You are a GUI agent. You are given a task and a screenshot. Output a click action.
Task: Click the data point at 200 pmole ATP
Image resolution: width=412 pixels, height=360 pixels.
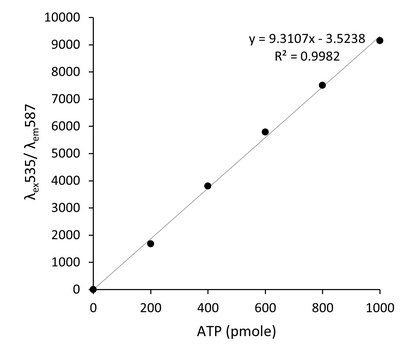(150, 243)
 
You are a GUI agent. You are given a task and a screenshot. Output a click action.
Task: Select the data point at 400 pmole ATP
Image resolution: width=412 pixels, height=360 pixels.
(208, 186)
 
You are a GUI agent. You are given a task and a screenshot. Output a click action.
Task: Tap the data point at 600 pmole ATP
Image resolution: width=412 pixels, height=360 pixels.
(265, 132)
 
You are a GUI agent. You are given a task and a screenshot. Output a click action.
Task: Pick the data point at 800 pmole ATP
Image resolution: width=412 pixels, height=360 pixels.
(322, 85)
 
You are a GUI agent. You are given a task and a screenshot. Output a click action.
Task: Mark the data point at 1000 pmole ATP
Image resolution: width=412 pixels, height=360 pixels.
(380, 40)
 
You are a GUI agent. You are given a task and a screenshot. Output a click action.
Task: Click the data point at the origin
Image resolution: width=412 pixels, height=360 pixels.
(93, 289)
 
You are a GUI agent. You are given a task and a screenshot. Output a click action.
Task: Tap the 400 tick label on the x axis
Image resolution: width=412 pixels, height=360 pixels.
(208, 305)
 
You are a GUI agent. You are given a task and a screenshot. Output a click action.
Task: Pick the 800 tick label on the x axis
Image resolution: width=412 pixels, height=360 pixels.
(322, 305)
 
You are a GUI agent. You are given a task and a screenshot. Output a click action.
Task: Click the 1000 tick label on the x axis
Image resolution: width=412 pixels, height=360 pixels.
(380, 305)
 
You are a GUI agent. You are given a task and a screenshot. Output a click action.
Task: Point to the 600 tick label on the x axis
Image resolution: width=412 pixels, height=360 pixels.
(265, 305)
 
